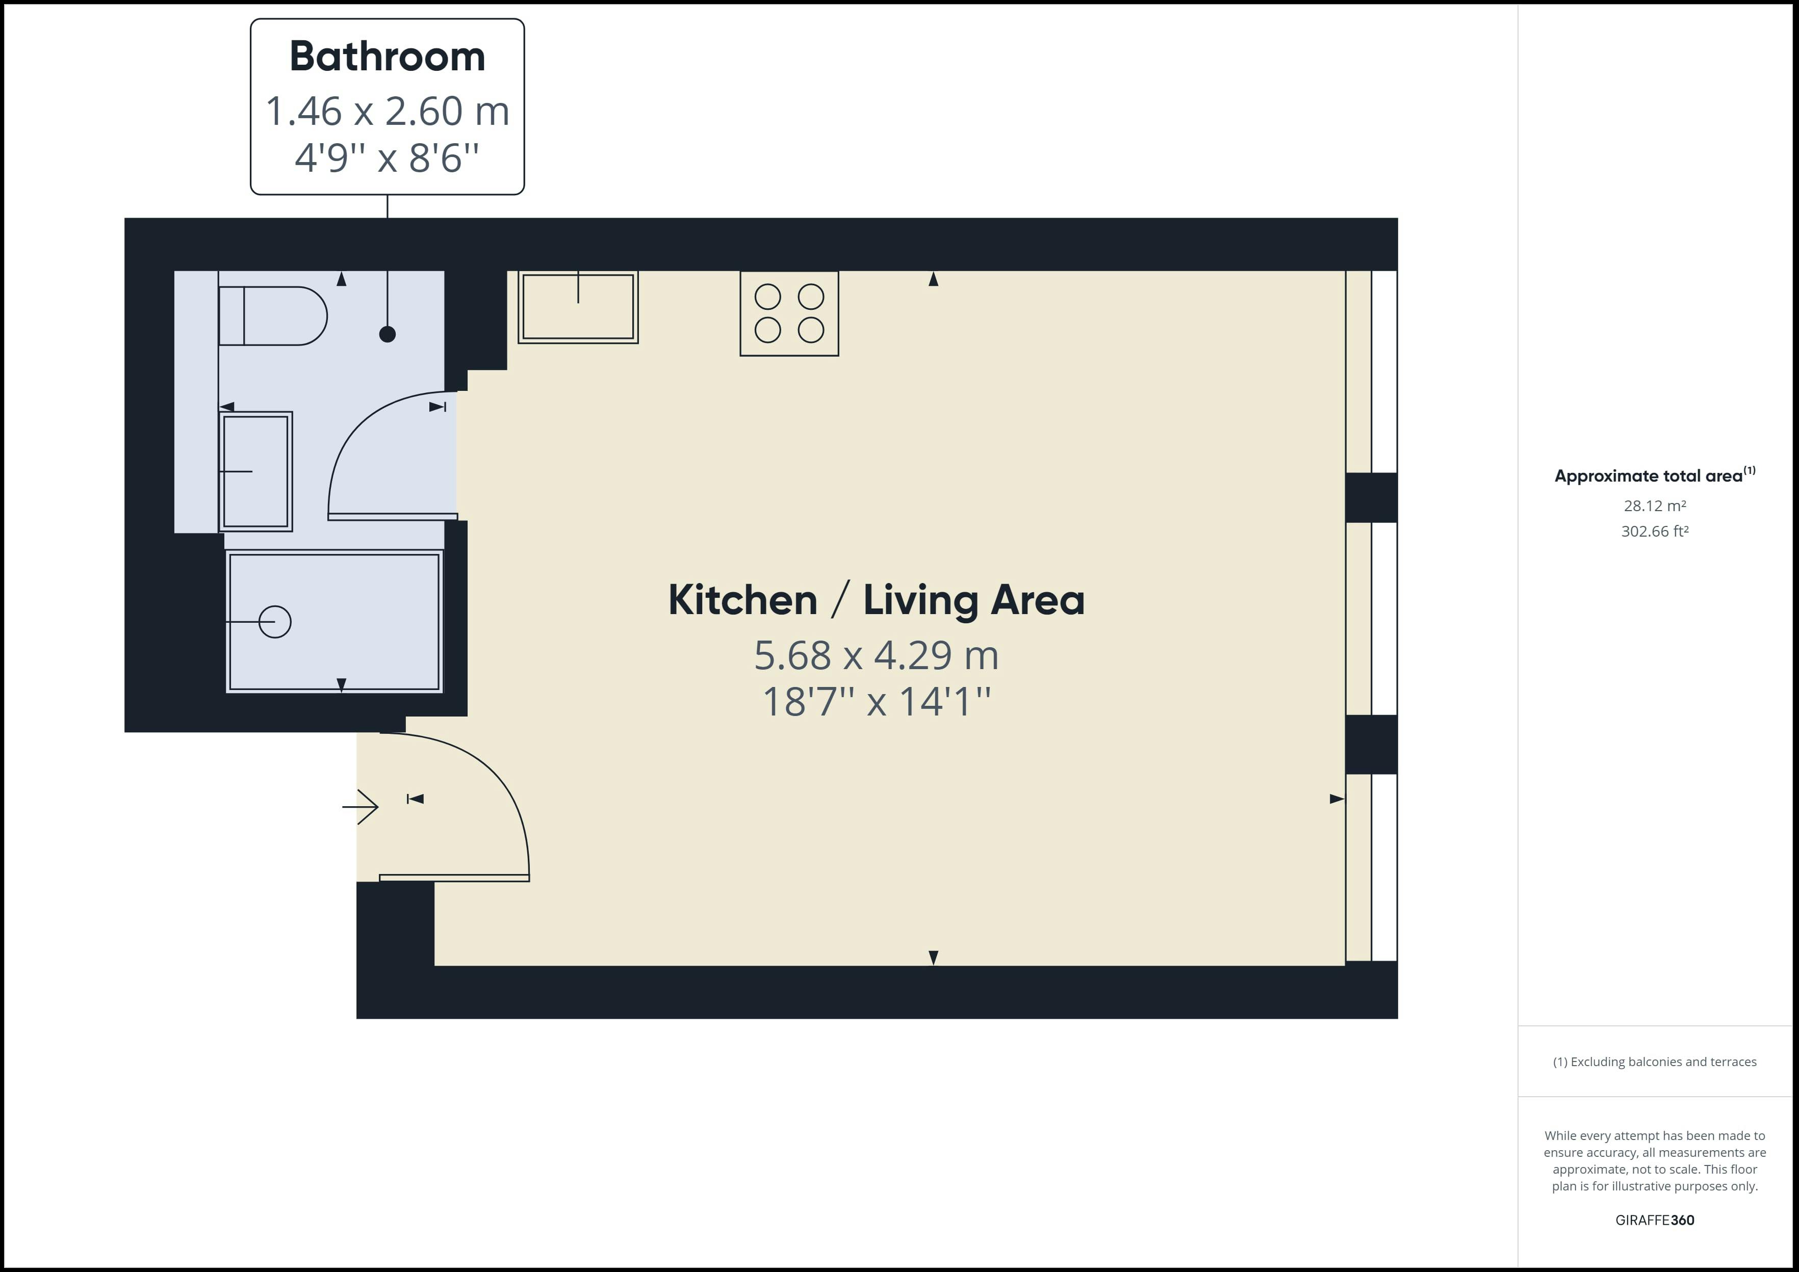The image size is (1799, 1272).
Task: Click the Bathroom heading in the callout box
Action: pyautogui.click(x=387, y=57)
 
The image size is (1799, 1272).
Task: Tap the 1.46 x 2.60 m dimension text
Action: pyautogui.click(x=387, y=111)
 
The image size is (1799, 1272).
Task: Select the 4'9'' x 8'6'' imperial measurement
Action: pyautogui.click(x=387, y=157)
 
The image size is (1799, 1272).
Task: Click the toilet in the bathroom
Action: pyautogui.click(x=272, y=315)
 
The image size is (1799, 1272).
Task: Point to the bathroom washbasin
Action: pyautogui.click(x=255, y=471)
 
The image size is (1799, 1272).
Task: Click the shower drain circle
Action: pyautogui.click(x=275, y=622)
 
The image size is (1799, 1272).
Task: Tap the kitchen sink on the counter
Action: pyautogui.click(x=578, y=307)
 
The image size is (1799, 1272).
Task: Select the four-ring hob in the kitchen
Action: pyautogui.click(x=789, y=313)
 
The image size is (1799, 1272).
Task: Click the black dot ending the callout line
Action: pyautogui.click(x=387, y=334)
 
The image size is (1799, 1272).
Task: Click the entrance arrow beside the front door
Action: pyautogui.click(x=361, y=806)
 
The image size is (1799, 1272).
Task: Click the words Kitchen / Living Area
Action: pyautogui.click(x=876, y=601)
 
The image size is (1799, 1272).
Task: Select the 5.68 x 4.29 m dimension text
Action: pyautogui.click(x=876, y=655)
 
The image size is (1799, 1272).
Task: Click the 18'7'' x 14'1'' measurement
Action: pyautogui.click(x=876, y=702)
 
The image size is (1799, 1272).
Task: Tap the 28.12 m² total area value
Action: pyautogui.click(x=1655, y=506)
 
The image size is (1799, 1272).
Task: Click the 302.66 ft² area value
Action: pyautogui.click(x=1655, y=531)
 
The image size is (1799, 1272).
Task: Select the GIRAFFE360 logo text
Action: pyautogui.click(x=1655, y=1220)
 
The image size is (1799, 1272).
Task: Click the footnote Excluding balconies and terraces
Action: pyautogui.click(x=1655, y=1062)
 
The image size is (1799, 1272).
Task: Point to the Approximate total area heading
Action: pyautogui.click(x=1649, y=476)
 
